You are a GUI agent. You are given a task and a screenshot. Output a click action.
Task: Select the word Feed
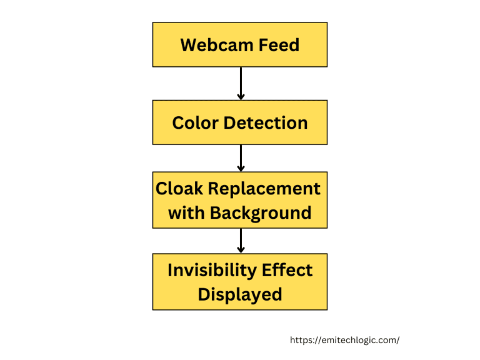[x=279, y=45]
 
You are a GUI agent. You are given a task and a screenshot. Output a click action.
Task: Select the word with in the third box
[x=186, y=212]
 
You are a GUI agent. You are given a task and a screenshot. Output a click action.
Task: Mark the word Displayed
[x=240, y=294]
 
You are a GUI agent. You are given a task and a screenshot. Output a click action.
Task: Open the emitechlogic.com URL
[x=344, y=340]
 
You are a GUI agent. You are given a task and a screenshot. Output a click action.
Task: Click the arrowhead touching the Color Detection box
[x=241, y=96]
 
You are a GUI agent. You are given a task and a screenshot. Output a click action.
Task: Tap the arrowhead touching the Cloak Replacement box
[x=241, y=168]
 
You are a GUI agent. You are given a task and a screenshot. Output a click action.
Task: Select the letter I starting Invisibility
[x=171, y=270]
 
